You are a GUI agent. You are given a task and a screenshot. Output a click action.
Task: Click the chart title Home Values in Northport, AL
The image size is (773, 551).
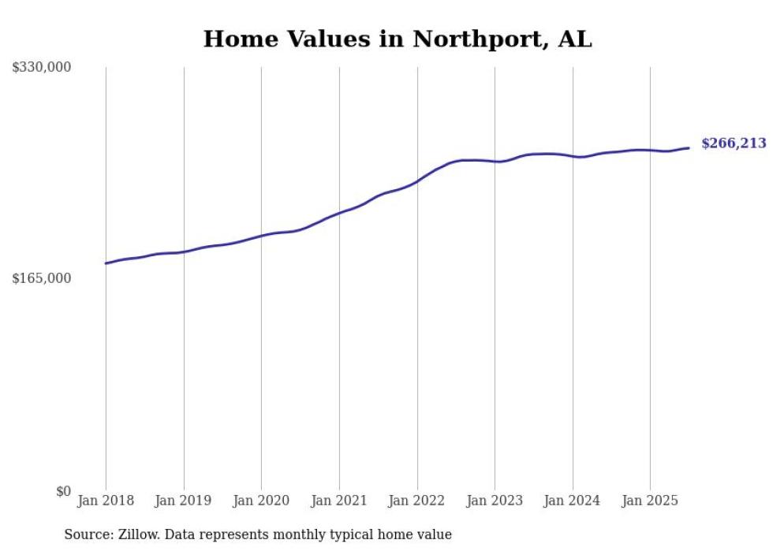[398, 39]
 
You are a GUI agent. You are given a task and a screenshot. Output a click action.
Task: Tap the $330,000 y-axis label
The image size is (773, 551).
[42, 68]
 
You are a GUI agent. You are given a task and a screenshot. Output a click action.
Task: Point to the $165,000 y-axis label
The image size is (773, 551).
[42, 278]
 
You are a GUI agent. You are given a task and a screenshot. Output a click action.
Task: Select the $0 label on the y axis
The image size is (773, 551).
[63, 491]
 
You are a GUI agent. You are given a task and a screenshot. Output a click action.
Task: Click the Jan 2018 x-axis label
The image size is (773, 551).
[106, 501]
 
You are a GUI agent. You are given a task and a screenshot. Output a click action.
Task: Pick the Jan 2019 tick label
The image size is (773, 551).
[184, 501]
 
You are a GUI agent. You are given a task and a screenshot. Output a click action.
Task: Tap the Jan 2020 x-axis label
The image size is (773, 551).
[261, 501]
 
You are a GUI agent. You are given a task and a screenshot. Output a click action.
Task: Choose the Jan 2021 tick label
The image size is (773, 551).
[339, 501]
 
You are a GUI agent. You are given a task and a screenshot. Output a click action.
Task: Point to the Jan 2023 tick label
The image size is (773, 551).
[495, 501]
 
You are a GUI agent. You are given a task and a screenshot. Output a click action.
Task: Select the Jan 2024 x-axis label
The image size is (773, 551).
[573, 501]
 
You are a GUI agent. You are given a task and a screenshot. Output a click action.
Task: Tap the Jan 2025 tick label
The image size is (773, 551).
[650, 501]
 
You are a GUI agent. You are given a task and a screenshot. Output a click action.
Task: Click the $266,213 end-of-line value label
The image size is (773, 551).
[734, 143]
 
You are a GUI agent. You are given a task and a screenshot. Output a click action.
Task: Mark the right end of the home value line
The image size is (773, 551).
[689, 147]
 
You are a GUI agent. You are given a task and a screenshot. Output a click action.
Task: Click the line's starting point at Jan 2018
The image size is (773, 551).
[106, 263]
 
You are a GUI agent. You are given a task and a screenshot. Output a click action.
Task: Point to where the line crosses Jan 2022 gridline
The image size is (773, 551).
[417, 181]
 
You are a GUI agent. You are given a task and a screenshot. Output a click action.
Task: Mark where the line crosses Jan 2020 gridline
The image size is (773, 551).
[261, 236]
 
